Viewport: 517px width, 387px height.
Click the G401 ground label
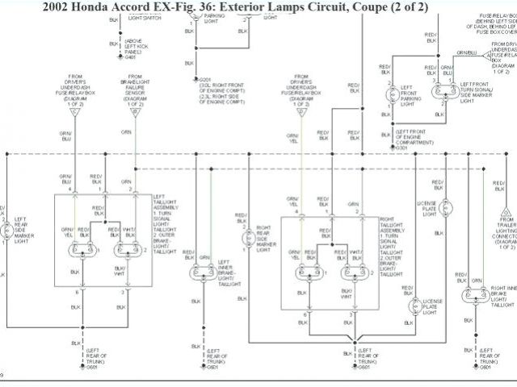coord(132,57)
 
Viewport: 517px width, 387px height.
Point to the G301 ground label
coord(401,148)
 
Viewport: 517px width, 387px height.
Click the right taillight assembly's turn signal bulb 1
coord(306,272)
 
